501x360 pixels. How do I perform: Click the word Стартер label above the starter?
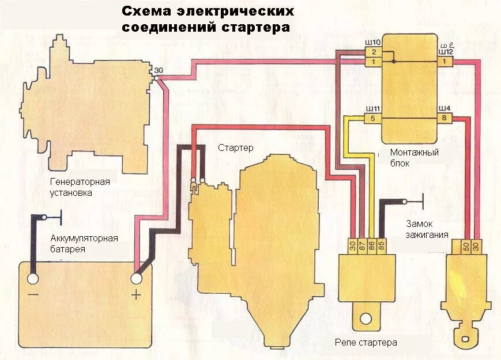pos(235,148)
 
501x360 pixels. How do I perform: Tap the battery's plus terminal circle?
pos(137,279)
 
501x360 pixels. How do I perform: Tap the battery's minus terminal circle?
pos(32,279)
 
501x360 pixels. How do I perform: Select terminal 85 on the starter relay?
pos(381,245)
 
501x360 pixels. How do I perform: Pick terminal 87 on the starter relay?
pos(363,245)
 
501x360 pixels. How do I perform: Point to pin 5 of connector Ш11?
pos(372,119)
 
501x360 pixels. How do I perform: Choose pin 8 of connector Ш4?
pos(445,119)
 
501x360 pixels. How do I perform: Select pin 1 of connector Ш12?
pos(445,61)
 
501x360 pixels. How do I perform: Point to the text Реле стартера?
pos(366,343)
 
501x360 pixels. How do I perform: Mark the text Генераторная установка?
pos(80,187)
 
